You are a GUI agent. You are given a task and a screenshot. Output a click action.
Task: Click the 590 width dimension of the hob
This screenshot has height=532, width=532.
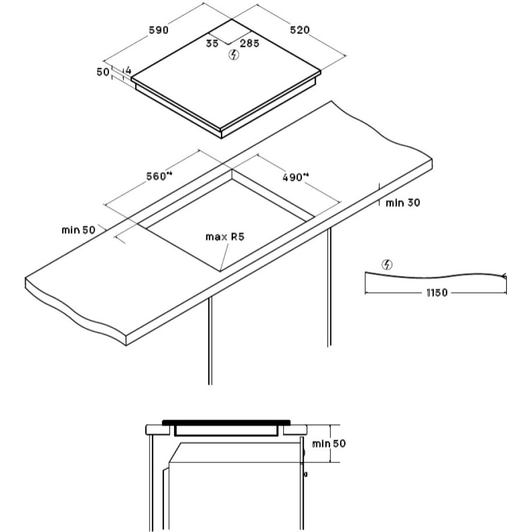pyautogui.click(x=159, y=30)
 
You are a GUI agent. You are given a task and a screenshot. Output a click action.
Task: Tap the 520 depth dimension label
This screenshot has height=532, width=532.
pyautogui.click(x=300, y=30)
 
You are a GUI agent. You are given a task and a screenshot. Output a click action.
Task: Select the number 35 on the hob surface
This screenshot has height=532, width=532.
pyautogui.click(x=212, y=43)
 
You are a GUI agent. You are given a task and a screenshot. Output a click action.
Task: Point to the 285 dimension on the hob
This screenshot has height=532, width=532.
pyautogui.click(x=249, y=43)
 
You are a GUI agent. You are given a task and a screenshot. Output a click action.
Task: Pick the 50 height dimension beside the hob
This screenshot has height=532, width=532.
pyautogui.click(x=103, y=72)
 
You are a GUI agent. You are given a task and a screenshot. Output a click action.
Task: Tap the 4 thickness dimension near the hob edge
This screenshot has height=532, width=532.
pyautogui.click(x=128, y=71)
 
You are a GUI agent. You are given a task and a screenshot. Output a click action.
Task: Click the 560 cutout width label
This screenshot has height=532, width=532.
pyautogui.click(x=159, y=176)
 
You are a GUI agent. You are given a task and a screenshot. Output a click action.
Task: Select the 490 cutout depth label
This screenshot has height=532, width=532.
pyautogui.click(x=296, y=177)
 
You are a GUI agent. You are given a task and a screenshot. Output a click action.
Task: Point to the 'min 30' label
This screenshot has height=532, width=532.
pyautogui.click(x=403, y=203)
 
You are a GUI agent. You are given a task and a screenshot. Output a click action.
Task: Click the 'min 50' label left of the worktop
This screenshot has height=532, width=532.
pyautogui.click(x=78, y=230)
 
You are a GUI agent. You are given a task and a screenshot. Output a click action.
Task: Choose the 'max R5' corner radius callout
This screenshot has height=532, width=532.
pyautogui.click(x=224, y=236)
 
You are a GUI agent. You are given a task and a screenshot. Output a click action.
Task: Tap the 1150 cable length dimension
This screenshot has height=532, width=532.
pyautogui.click(x=437, y=292)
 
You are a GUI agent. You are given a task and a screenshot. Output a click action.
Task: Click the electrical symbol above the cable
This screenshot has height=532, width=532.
pyautogui.click(x=387, y=265)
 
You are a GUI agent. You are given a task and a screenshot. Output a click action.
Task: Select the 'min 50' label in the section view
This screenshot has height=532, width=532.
pyautogui.click(x=329, y=444)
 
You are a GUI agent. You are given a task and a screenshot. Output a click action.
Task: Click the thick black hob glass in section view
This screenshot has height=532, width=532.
pyautogui.click(x=226, y=423)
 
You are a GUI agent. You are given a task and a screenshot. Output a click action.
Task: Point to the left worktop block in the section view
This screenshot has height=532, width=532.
pyautogui.click(x=158, y=430)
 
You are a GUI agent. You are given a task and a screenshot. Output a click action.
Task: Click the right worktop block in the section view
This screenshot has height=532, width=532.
pyautogui.click(x=295, y=430)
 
